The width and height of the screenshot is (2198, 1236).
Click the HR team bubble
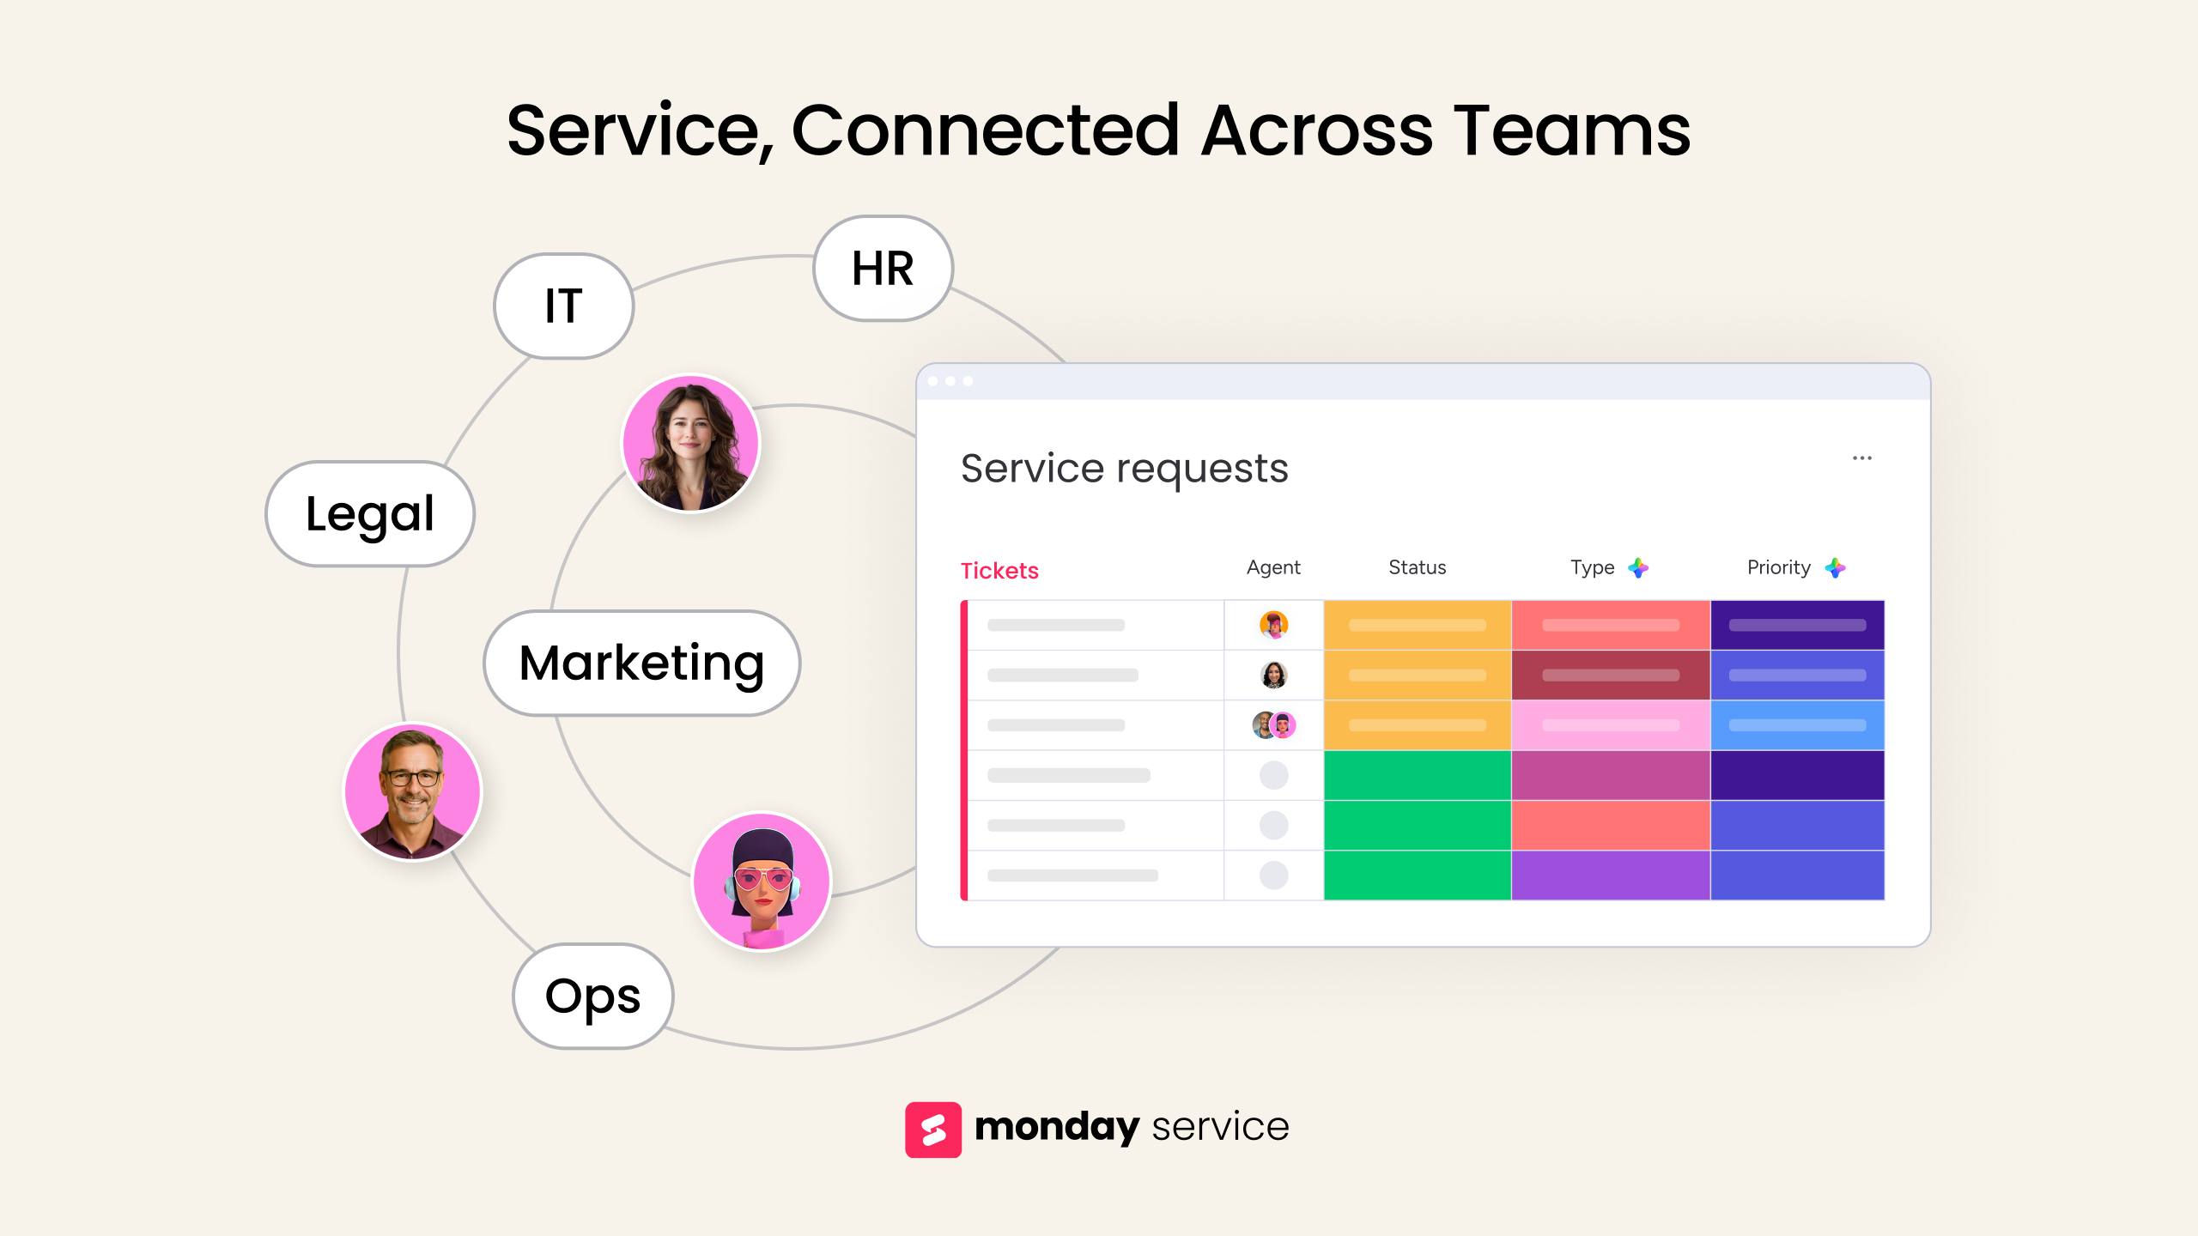tap(883, 269)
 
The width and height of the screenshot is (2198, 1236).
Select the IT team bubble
tap(564, 306)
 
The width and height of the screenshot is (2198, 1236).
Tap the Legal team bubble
tap(370, 514)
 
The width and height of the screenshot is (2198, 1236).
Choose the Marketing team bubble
tap(642, 663)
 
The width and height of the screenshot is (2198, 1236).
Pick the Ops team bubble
tap(593, 996)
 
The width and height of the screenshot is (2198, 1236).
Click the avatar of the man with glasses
tap(413, 792)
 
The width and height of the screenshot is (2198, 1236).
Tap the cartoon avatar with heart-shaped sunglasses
tap(762, 882)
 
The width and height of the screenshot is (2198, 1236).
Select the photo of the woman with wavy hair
tap(691, 444)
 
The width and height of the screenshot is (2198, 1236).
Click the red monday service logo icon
tap(933, 1130)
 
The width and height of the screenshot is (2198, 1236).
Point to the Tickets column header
tap(999, 571)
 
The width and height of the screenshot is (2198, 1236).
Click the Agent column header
tap(1273, 567)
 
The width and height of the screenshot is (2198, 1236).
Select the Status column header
tap(1418, 567)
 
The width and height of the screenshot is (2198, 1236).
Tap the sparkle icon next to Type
tap(1638, 567)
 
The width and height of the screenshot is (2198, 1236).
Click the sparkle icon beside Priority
tap(1835, 567)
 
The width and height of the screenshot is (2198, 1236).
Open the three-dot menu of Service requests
tap(1862, 458)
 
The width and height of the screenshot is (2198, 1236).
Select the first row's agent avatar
tap(1274, 625)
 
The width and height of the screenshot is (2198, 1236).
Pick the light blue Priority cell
tap(1798, 725)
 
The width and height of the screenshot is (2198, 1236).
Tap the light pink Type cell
tap(1611, 725)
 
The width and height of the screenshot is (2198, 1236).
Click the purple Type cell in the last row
tap(1611, 875)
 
